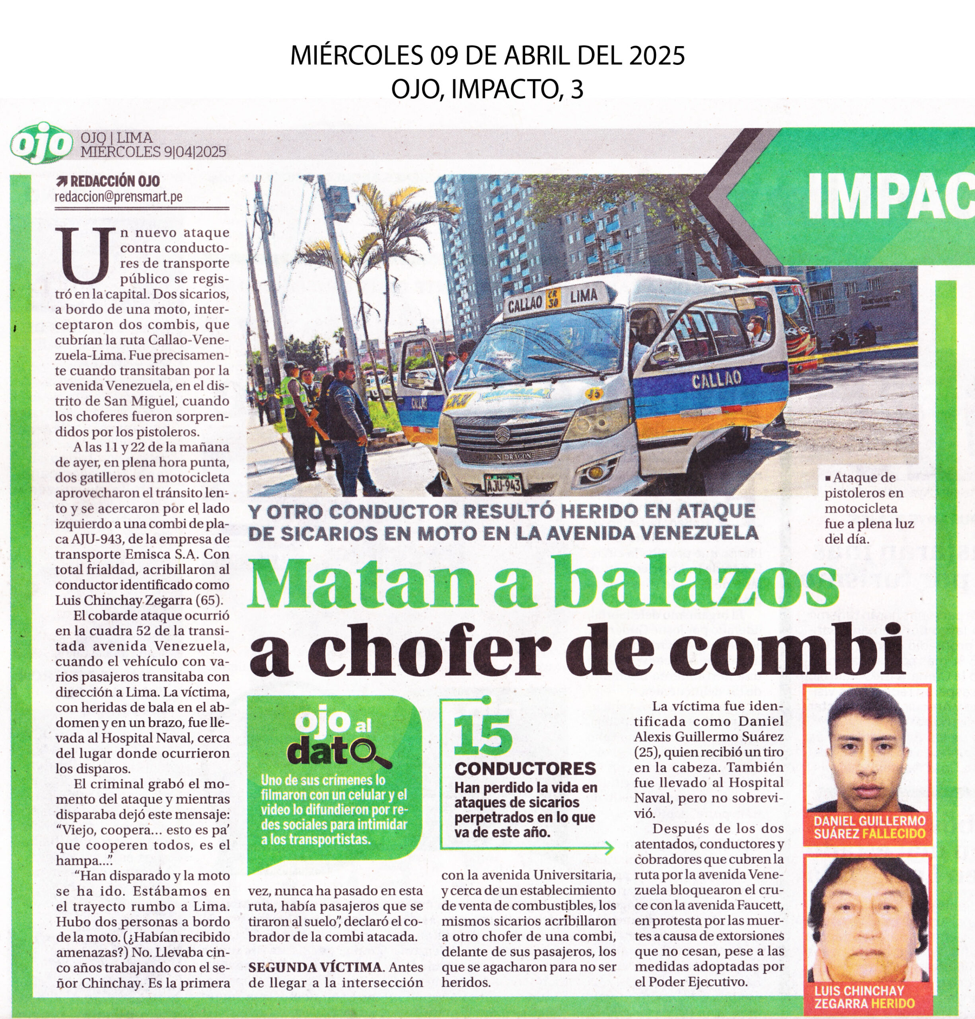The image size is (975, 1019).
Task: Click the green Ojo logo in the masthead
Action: point(41,143)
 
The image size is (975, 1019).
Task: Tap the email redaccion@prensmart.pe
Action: point(119,197)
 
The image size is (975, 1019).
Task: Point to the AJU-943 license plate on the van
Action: point(503,484)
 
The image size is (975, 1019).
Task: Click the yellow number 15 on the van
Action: point(594,394)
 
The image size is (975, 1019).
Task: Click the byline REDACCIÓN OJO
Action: point(114,182)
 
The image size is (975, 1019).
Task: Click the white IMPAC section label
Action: point(890,197)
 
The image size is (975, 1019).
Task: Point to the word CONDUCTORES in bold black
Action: point(525,768)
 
